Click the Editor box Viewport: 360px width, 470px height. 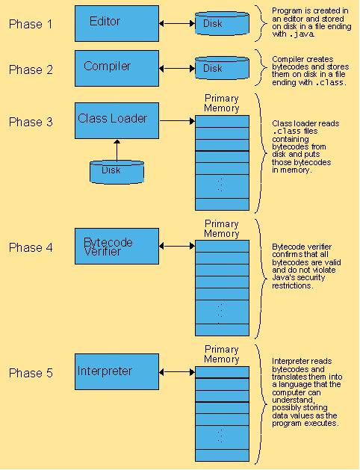[x=117, y=23]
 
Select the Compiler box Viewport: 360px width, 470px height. [x=117, y=68]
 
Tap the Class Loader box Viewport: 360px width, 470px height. [x=117, y=121]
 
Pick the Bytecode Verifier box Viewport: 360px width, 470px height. [x=117, y=246]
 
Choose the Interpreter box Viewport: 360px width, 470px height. [x=117, y=371]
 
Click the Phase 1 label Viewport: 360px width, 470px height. [x=31, y=24]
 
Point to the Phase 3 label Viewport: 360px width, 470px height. [x=31, y=122]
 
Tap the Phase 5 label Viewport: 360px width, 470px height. [x=31, y=373]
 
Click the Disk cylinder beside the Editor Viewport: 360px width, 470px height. [x=222, y=23]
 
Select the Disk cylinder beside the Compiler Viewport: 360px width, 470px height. [x=222, y=68]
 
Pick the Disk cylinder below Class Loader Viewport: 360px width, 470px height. [x=117, y=172]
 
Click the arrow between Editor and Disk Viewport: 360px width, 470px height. [x=177, y=23]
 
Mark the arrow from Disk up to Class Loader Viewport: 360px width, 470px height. [x=117, y=150]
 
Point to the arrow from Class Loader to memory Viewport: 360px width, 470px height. [x=177, y=121]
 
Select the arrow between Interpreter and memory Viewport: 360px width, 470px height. [x=177, y=372]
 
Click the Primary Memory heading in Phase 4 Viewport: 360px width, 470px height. [x=222, y=229]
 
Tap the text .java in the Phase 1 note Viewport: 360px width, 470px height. [x=302, y=34]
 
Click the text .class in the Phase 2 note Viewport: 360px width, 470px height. [x=330, y=82]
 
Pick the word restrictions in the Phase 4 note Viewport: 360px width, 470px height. [x=292, y=285]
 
